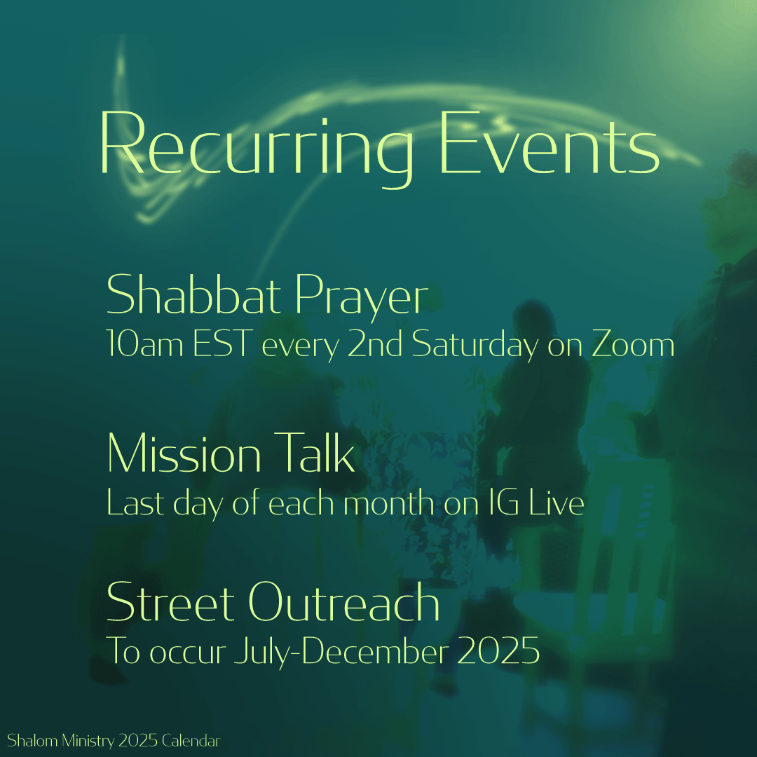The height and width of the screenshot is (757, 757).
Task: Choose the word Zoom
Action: tap(634, 346)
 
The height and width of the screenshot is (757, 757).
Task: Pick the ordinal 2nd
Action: tap(376, 346)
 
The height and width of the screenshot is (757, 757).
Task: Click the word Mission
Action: tap(184, 455)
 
